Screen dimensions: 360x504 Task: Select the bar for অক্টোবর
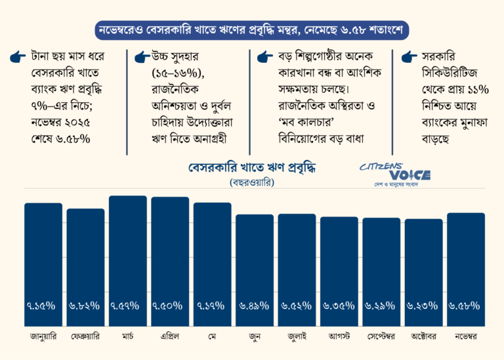point(423,269)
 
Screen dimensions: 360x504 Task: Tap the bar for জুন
point(255,266)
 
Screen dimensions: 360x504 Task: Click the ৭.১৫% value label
point(43,306)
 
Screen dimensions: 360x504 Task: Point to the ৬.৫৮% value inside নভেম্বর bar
point(466,306)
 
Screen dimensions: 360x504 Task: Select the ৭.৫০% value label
point(170,306)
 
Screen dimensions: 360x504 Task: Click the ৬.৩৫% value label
point(339,306)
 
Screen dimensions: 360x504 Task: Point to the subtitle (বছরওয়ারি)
point(252,182)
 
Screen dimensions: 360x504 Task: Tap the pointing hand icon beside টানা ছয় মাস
point(18,58)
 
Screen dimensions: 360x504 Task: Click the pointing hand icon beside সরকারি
point(408,58)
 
